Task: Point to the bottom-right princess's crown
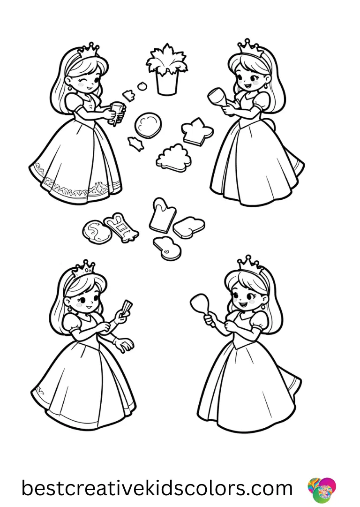click(248, 264)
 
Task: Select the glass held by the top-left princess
click(117, 113)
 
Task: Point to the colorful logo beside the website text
click(322, 488)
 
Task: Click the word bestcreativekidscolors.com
click(157, 488)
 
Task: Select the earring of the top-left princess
click(71, 88)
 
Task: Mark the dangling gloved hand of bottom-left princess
click(125, 346)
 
